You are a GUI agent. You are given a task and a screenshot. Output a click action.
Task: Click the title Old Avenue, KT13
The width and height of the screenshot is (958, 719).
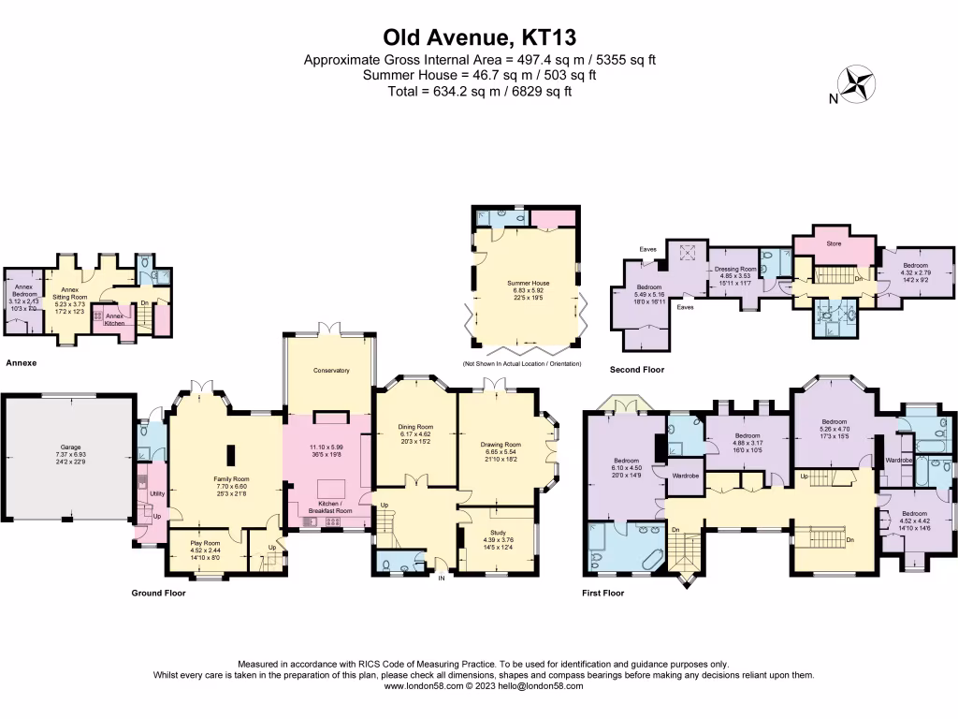click(x=479, y=37)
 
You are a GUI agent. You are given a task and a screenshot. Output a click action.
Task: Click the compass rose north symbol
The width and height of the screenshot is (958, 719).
click(x=854, y=84)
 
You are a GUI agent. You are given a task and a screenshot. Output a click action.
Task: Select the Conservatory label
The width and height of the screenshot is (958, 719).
click(x=331, y=371)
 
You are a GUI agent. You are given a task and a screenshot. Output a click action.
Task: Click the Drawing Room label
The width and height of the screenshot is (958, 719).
click(x=500, y=445)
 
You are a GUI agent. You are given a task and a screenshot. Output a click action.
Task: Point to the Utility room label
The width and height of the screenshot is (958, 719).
click(x=156, y=493)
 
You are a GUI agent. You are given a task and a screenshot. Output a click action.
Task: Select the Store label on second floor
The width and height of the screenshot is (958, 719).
click(x=834, y=243)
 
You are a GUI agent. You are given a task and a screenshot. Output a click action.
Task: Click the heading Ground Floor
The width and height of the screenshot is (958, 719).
click(x=158, y=593)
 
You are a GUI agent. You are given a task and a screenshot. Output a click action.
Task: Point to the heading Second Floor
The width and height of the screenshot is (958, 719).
click(x=636, y=370)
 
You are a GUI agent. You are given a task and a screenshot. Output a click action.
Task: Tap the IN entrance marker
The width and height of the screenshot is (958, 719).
click(x=443, y=578)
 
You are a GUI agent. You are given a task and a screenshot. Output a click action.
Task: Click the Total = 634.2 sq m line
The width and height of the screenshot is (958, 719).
click(x=479, y=91)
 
